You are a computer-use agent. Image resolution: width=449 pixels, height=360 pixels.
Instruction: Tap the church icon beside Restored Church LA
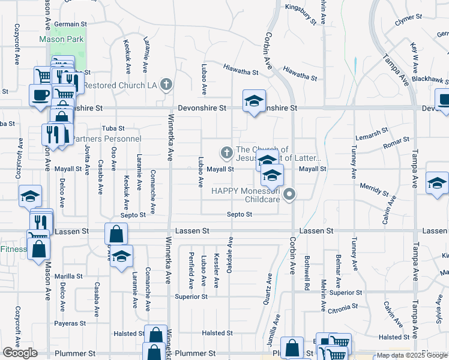[167, 85]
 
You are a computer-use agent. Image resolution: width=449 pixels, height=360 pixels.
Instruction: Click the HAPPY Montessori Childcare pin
[290, 194]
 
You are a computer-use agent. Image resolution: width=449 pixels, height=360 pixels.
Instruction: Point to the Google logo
[20, 353]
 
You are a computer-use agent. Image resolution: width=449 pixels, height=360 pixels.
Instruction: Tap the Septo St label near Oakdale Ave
[240, 214]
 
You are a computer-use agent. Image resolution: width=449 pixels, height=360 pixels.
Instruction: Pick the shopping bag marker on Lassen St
[116, 234]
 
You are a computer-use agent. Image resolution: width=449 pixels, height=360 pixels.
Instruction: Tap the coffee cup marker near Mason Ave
[40, 95]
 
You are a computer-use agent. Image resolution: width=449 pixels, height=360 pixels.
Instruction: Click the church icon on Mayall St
[227, 153]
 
